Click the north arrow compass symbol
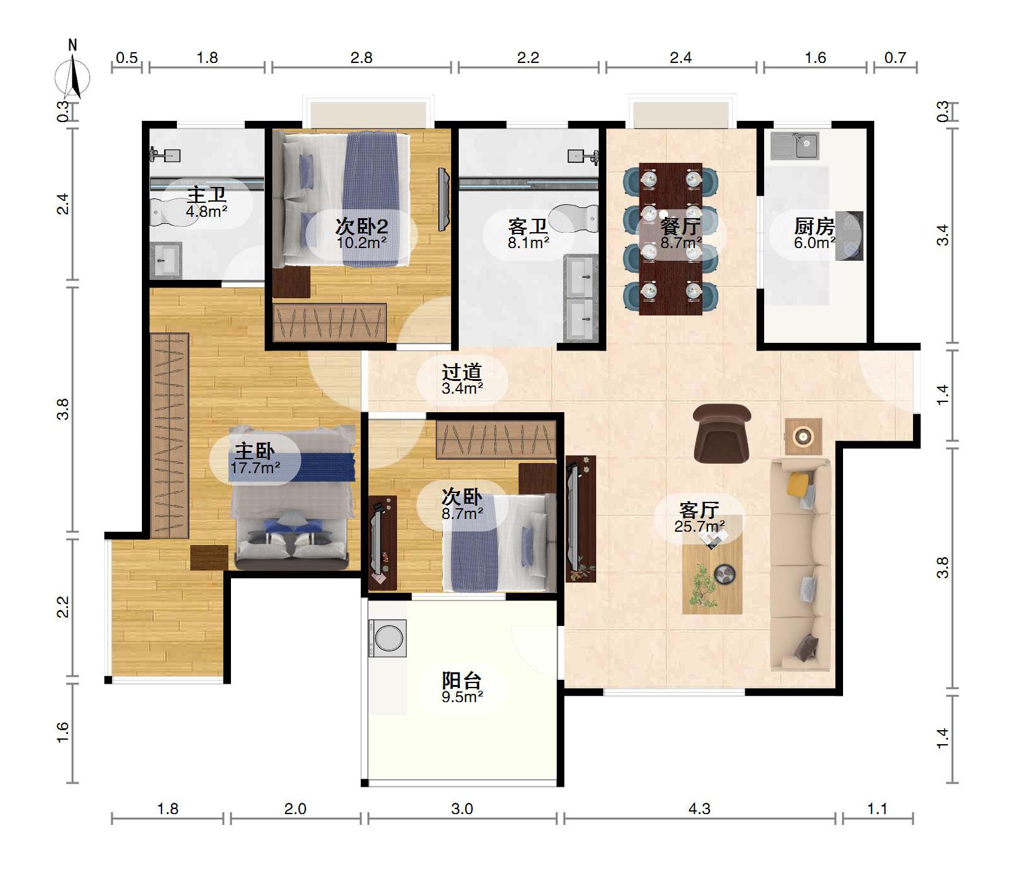coord(73,76)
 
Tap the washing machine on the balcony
coord(387,638)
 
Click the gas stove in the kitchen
coord(849,235)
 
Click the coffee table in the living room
coord(712,572)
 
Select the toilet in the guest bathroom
coord(575,219)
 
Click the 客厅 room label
coord(699,509)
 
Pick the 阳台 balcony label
coord(462,680)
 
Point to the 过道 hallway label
coord(462,371)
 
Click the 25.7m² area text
coord(700,526)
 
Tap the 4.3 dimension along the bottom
coord(699,808)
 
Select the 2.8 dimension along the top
coord(361,58)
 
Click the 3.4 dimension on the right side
coord(943,235)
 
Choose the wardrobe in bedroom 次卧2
coord(330,322)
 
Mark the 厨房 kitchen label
coord(814,226)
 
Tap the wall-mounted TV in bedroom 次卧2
coord(443,200)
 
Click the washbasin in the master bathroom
coord(167,260)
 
